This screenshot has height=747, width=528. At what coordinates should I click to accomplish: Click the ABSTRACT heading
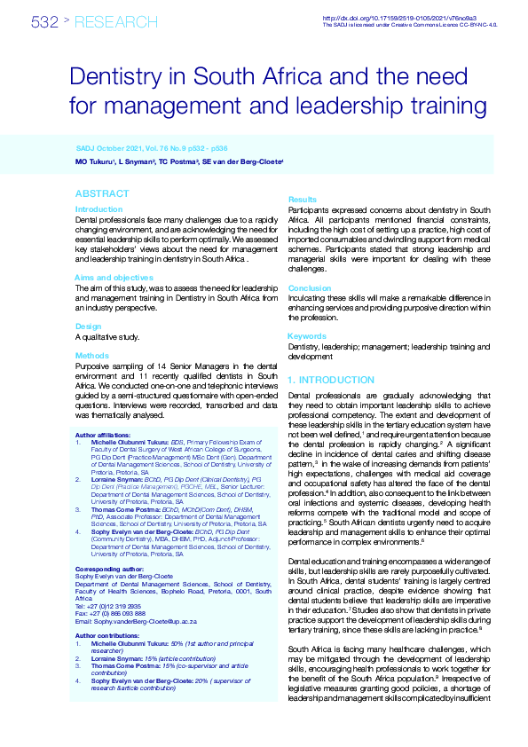click(x=102, y=193)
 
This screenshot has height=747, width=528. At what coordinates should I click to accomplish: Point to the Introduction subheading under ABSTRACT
click(x=99, y=209)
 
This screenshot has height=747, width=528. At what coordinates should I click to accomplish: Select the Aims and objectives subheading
click(x=114, y=278)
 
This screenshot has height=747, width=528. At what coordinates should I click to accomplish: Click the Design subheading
click(x=88, y=326)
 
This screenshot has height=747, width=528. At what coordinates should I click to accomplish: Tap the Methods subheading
click(x=91, y=354)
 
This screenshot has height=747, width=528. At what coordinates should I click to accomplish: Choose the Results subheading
click(x=303, y=201)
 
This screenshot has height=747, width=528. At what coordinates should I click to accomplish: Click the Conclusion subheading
click(x=310, y=288)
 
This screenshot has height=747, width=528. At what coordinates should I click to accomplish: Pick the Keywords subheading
click(x=307, y=336)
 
